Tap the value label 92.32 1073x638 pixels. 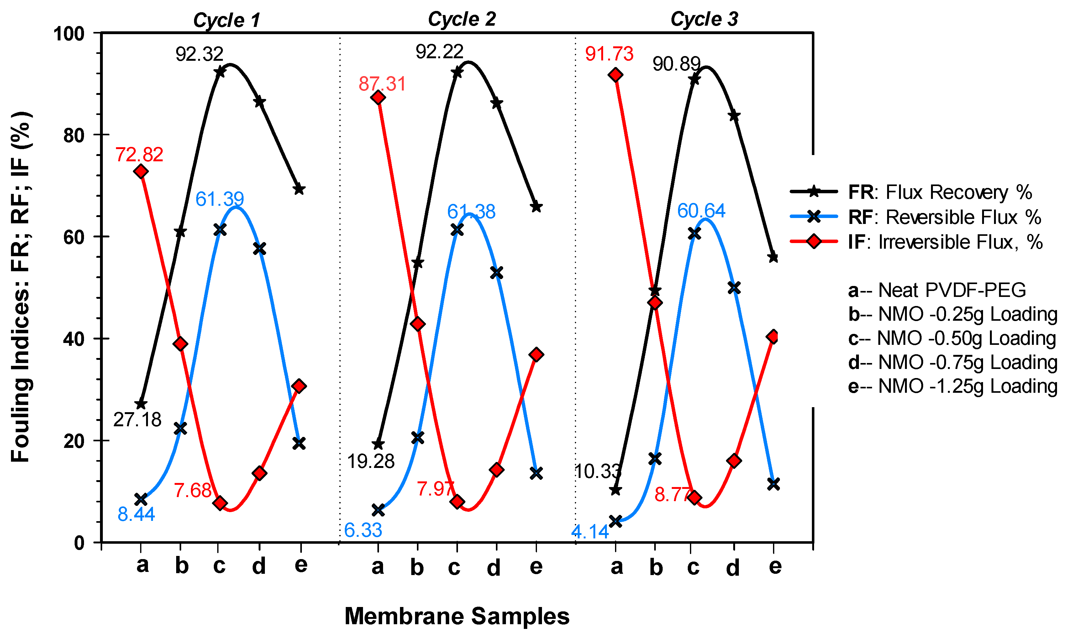tap(199, 54)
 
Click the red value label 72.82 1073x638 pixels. tap(139, 155)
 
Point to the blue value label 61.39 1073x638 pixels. tap(219, 199)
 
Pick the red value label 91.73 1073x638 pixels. tap(609, 54)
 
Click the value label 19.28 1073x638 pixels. tap(371, 462)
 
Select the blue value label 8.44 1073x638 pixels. tap(136, 514)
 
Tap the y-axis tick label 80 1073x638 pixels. tap(74, 135)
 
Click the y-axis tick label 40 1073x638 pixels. tap(74, 339)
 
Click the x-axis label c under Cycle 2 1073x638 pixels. tap(454, 568)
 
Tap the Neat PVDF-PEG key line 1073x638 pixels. tap(937, 290)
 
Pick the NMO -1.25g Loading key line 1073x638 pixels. tap(952, 386)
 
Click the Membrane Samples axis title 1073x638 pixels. tap(457, 616)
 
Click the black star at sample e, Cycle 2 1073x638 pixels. tap(536, 207)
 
